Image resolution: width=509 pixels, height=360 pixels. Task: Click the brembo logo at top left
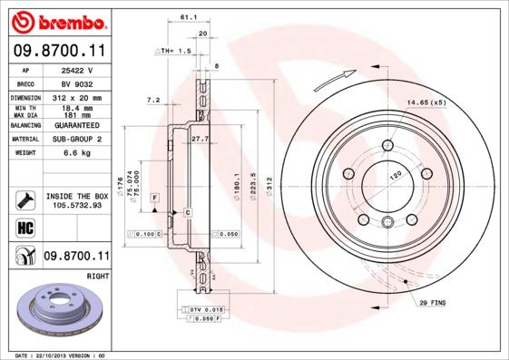pos(58,20)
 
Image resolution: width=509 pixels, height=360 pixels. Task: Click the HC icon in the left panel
pos(24,227)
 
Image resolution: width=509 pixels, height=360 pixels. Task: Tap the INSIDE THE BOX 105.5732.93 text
pos(77,200)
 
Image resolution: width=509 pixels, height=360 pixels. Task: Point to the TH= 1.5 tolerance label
pos(176,52)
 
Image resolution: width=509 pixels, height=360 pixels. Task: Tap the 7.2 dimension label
pos(153,100)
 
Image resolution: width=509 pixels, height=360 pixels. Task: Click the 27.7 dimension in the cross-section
pos(201,139)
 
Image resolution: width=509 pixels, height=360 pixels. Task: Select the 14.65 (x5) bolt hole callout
pos(426,103)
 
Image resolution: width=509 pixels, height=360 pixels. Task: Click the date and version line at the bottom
pos(62,355)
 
